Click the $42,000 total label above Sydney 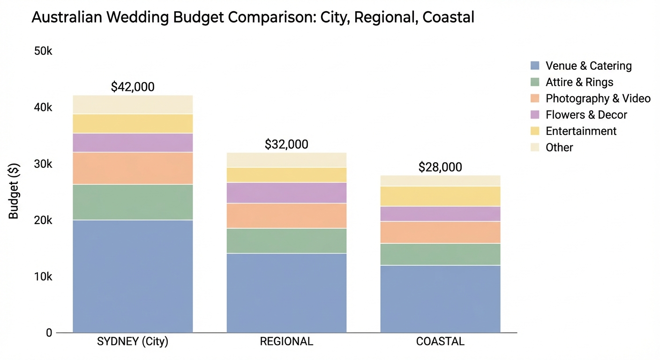pyautogui.click(x=133, y=87)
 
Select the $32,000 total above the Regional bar pyautogui.click(x=286, y=144)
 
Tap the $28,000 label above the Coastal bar pyautogui.click(x=440, y=167)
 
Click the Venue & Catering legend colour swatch pyautogui.click(x=535, y=66)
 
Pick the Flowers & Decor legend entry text pyautogui.click(x=586, y=115)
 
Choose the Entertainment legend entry pyautogui.click(x=581, y=131)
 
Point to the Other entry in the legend pyautogui.click(x=559, y=148)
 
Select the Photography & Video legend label pyautogui.click(x=598, y=98)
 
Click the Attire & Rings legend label pyautogui.click(x=579, y=82)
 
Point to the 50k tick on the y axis pyautogui.click(x=43, y=51)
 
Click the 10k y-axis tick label pyautogui.click(x=43, y=277)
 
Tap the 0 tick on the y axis pyautogui.click(x=49, y=333)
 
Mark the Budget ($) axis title pyautogui.click(x=14, y=192)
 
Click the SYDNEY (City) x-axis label pyautogui.click(x=133, y=342)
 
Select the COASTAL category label pyautogui.click(x=440, y=342)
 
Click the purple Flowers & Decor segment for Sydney pyautogui.click(x=133, y=142)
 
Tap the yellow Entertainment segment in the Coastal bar pyautogui.click(x=440, y=196)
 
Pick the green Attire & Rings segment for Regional pyautogui.click(x=286, y=240)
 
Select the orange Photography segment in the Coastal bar pyautogui.click(x=440, y=232)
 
